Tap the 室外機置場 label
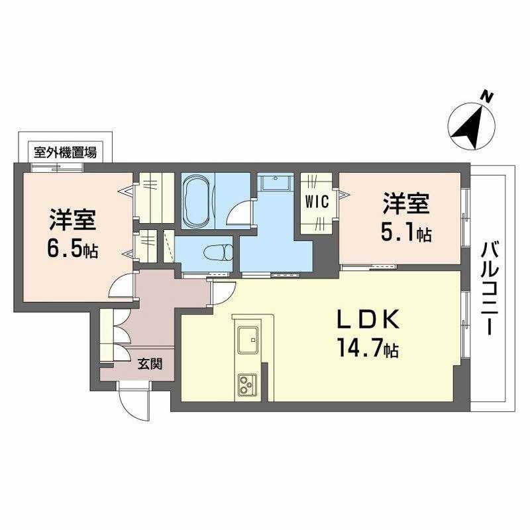coord(65,152)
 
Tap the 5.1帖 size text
coord(407,234)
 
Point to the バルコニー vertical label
coord(491,288)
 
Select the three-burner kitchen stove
coord(248,383)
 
